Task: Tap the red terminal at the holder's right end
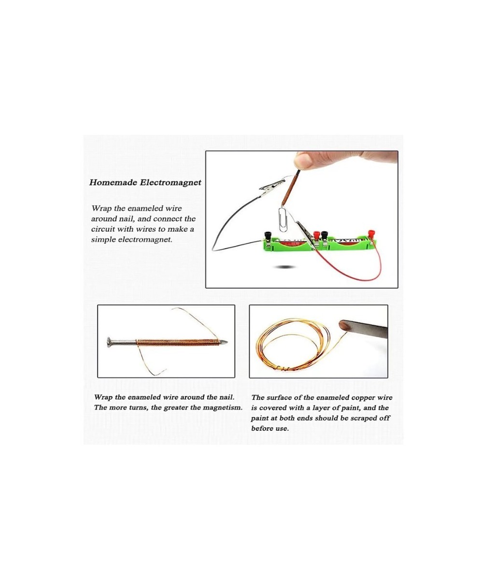pyautogui.click(x=371, y=234)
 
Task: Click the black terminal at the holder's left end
pyautogui.click(x=266, y=235)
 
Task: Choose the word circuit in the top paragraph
pyautogui.click(x=102, y=229)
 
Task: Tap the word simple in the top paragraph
pyautogui.click(x=103, y=240)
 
